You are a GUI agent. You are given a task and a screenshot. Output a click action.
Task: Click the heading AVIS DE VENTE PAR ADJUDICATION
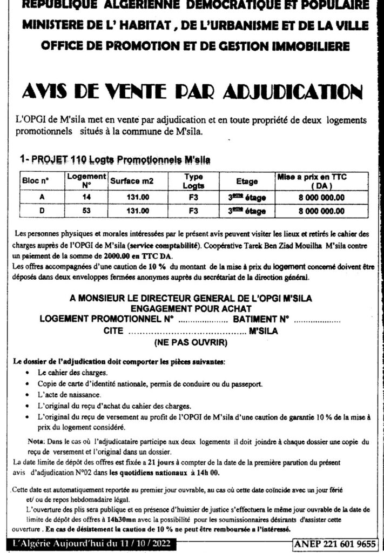(192, 92)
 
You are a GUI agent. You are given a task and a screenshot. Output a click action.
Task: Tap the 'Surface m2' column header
(132, 181)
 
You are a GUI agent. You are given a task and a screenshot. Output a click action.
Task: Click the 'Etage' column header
(247, 181)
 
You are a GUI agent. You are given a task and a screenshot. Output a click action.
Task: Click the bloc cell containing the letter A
(42, 197)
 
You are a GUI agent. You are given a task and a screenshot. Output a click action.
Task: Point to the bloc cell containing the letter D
(42, 211)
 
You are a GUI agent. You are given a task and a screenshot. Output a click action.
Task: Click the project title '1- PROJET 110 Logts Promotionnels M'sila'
(114, 159)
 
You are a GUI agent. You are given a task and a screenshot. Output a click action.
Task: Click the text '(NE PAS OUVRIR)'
(192, 342)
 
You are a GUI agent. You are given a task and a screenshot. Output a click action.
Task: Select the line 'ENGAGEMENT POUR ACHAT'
(192, 308)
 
